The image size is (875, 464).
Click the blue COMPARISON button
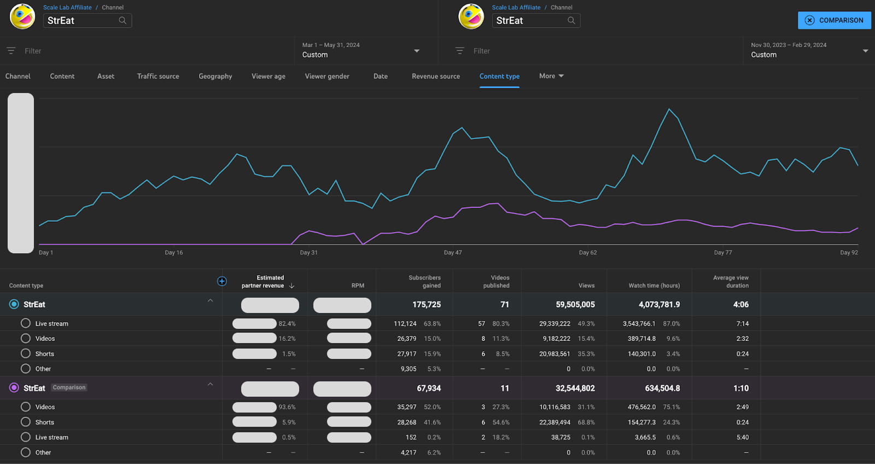834,20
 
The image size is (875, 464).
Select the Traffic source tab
158,76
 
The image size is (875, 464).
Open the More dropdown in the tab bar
551,76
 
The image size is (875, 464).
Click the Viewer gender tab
327,76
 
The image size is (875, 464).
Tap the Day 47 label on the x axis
453,253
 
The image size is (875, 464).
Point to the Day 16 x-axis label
174,253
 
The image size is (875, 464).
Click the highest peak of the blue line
669,109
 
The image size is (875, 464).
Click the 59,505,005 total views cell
575,304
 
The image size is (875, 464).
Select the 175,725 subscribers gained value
427,304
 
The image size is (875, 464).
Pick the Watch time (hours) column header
654,286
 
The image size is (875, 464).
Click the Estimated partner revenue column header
264,282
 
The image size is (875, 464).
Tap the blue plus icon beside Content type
222,281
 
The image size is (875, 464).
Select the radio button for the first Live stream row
26,323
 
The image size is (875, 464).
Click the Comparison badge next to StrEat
69,387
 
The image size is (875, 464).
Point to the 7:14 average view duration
742,324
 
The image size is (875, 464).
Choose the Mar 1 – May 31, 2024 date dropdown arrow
417,51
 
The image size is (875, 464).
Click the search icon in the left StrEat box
122,20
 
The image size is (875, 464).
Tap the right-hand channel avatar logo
471,16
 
